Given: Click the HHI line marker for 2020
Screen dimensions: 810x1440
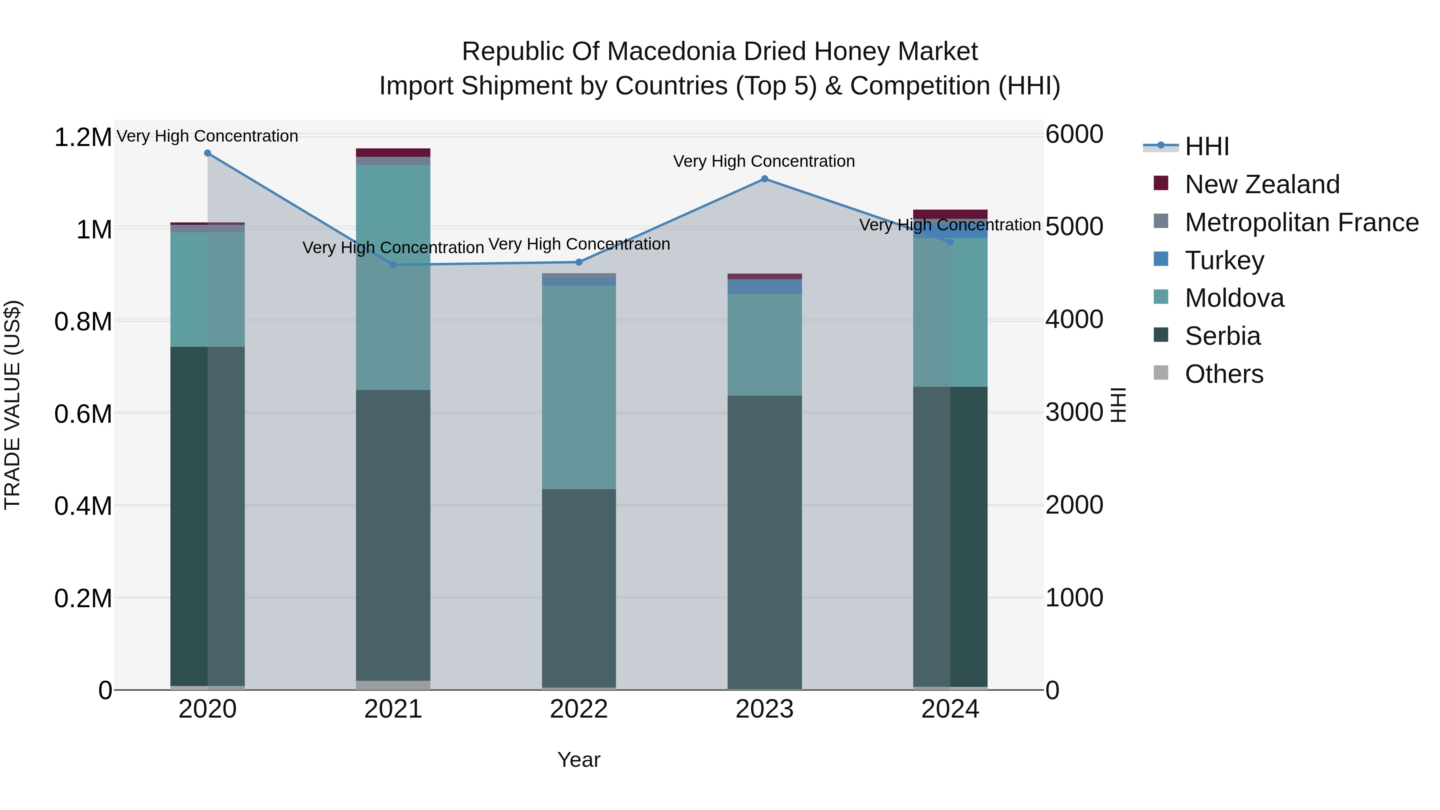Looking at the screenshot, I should [x=207, y=153].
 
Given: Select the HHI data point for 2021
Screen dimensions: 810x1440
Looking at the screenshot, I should [x=393, y=265].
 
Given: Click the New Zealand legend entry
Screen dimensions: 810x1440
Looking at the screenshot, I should [x=1262, y=184].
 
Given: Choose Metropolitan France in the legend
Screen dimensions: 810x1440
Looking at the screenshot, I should [x=1301, y=222].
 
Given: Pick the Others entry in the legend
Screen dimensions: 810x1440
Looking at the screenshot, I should [x=1224, y=374].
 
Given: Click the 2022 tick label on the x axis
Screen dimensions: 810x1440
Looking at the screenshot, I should [x=578, y=709].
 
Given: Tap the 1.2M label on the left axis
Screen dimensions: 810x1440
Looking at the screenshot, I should [x=83, y=138].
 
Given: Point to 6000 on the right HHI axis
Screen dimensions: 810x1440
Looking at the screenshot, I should [x=1074, y=135].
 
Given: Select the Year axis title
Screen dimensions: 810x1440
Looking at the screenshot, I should [x=578, y=760].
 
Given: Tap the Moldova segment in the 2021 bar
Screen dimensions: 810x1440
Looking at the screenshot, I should [x=393, y=277].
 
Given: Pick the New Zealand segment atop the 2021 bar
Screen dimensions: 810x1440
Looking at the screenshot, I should [x=393, y=153].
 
